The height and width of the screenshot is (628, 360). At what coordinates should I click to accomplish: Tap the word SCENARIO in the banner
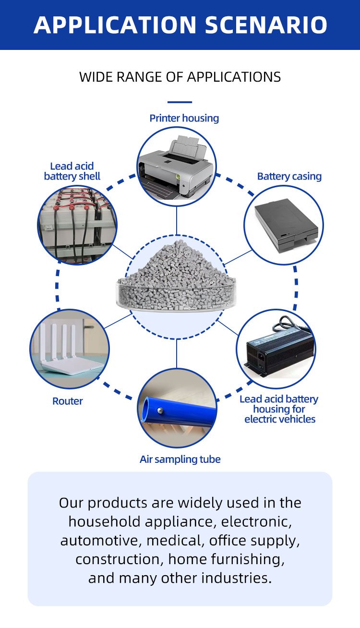tap(266, 25)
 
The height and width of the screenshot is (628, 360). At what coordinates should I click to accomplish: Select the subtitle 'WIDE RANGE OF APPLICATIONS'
tap(180, 77)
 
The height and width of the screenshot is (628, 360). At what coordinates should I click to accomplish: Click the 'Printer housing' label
tap(184, 118)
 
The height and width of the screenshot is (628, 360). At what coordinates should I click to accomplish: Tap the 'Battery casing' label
tap(289, 176)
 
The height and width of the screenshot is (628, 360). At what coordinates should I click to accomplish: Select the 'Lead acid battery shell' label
tap(72, 171)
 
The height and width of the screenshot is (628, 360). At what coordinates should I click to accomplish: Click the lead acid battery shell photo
tap(77, 224)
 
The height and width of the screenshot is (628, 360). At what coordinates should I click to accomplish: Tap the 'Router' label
tap(68, 401)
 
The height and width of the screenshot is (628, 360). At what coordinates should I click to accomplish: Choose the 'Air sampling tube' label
tap(180, 459)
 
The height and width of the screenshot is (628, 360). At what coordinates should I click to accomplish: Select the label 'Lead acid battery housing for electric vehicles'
tap(279, 409)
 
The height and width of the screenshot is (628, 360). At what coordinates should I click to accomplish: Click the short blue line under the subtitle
tap(180, 102)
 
